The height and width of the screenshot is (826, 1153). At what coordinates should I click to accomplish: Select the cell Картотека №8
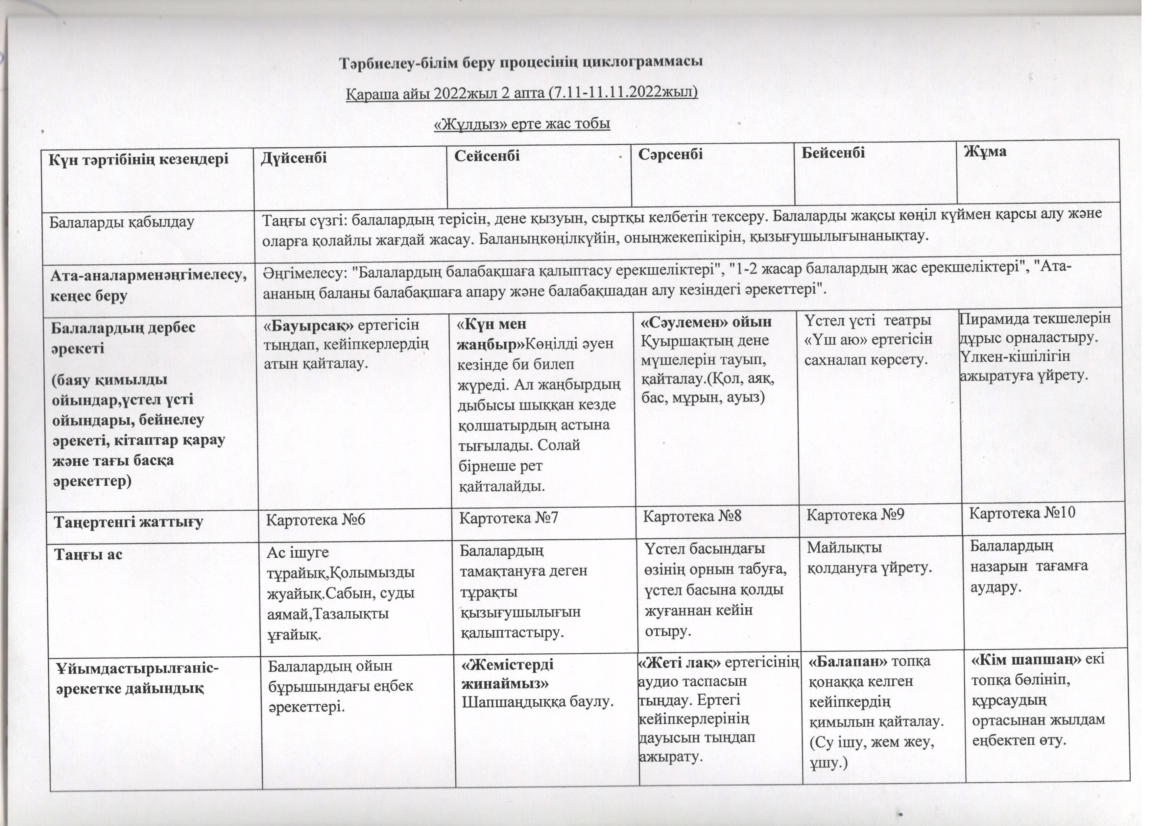692,517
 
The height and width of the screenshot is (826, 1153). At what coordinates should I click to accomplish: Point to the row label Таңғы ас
89,554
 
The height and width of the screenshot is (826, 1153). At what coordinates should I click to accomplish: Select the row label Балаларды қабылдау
122,222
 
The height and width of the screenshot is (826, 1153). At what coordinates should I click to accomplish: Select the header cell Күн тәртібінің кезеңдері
138,159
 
